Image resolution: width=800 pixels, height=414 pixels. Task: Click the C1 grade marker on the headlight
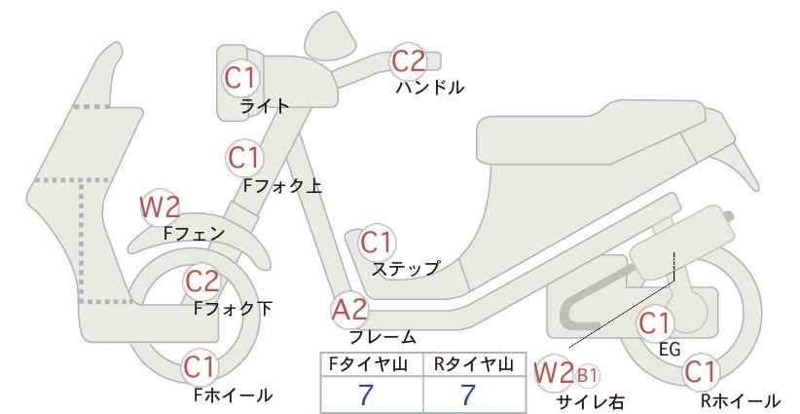coord(239,78)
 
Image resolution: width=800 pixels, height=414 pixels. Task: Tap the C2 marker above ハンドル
coord(408,60)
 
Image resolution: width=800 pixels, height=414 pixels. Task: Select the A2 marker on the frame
coord(349,310)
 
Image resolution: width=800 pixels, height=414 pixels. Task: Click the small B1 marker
coord(587,376)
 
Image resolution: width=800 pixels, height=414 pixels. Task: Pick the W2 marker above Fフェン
coord(160,207)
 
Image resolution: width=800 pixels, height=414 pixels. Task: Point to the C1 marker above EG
coord(655,323)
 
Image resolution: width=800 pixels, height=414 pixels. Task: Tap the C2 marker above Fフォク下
coord(201,282)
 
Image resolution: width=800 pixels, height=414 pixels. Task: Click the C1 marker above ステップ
coord(376,243)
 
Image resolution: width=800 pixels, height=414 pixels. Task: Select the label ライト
coord(265,106)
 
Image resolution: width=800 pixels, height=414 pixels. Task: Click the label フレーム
coord(382,337)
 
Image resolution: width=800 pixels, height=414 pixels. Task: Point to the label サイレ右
coord(591,402)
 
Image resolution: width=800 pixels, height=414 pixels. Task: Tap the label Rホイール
coord(740,400)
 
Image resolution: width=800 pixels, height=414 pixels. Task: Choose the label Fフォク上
coord(282,186)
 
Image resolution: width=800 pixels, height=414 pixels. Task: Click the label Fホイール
coord(234,395)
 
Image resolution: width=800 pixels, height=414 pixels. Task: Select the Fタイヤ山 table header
coord(368,364)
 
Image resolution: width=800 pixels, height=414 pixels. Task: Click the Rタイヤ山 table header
coord(474,364)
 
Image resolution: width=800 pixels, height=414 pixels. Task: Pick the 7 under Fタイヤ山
coord(365,395)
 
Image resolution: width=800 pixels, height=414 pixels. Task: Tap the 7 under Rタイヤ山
coord(467,395)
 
